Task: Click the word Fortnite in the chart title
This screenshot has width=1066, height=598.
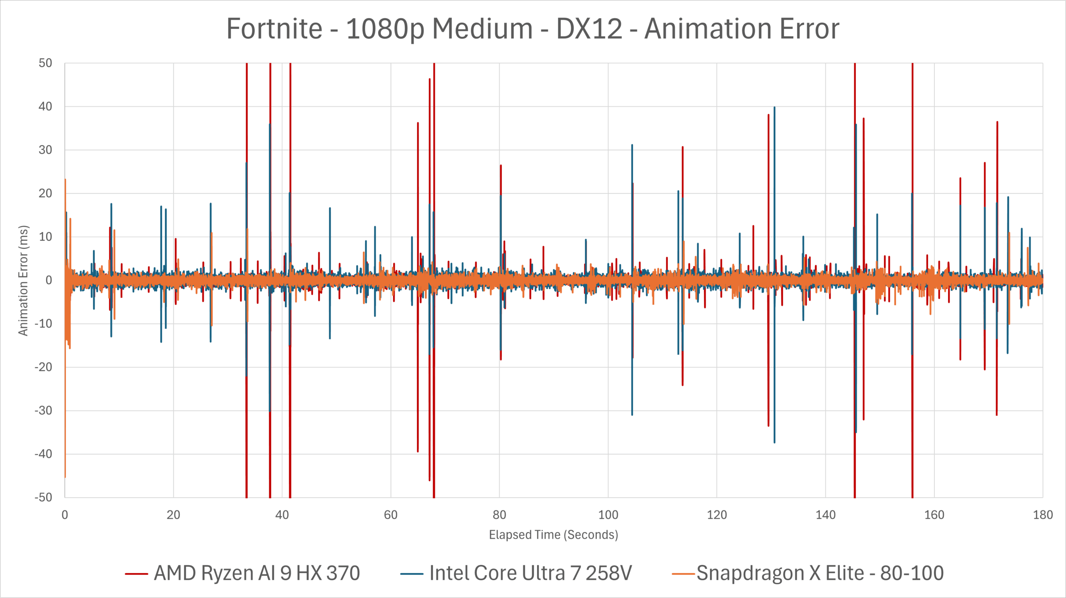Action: click(x=274, y=29)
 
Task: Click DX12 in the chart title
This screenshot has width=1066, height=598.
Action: click(x=589, y=29)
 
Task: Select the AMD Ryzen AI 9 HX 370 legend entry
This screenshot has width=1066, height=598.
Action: click(x=257, y=573)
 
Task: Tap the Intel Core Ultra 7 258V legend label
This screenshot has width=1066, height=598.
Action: click(x=531, y=573)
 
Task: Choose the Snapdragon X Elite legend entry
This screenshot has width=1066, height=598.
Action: click(x=819, y=573)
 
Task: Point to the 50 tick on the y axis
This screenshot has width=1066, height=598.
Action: click(x=45, y=63)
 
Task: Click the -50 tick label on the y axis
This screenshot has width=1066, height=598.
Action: click(x=44, y=497)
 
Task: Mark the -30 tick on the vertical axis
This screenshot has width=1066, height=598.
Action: click(x=44, y=410)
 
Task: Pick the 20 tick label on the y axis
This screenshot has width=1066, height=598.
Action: click(x=45, y=193)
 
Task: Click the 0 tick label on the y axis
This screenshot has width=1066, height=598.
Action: click(x=49, y=280)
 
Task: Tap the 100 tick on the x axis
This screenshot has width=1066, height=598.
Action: click(x=608, y=515)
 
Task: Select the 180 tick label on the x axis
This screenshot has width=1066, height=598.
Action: click(x=1043, y=515)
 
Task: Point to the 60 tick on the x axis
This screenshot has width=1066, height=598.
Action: click(x=391, y=515)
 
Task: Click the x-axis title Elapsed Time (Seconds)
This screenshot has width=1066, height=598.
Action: click(x=553, y=535)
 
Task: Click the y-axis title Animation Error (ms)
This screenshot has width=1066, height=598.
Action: click(x=23, y=280)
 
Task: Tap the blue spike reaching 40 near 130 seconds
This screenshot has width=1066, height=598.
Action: click(x=775, y=109)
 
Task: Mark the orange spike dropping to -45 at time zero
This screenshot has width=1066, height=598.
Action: click(x=65, y=475)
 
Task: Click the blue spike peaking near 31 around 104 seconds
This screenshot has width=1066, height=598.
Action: click(x=632, y=147)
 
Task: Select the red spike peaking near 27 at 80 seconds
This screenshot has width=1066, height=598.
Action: click(x=501, y=167)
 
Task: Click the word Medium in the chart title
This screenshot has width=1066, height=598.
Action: click(x=482, y=29)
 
